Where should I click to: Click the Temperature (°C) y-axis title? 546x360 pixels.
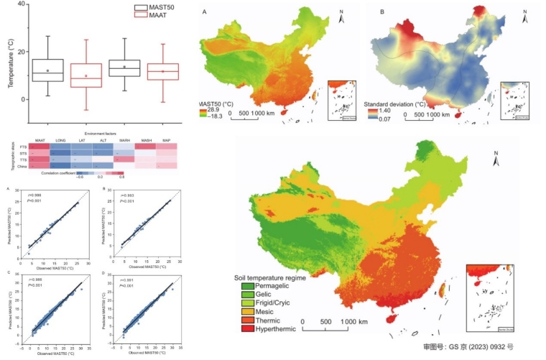(x=11, y=65)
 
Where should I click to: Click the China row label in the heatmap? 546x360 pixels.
(x=23, y=166)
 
